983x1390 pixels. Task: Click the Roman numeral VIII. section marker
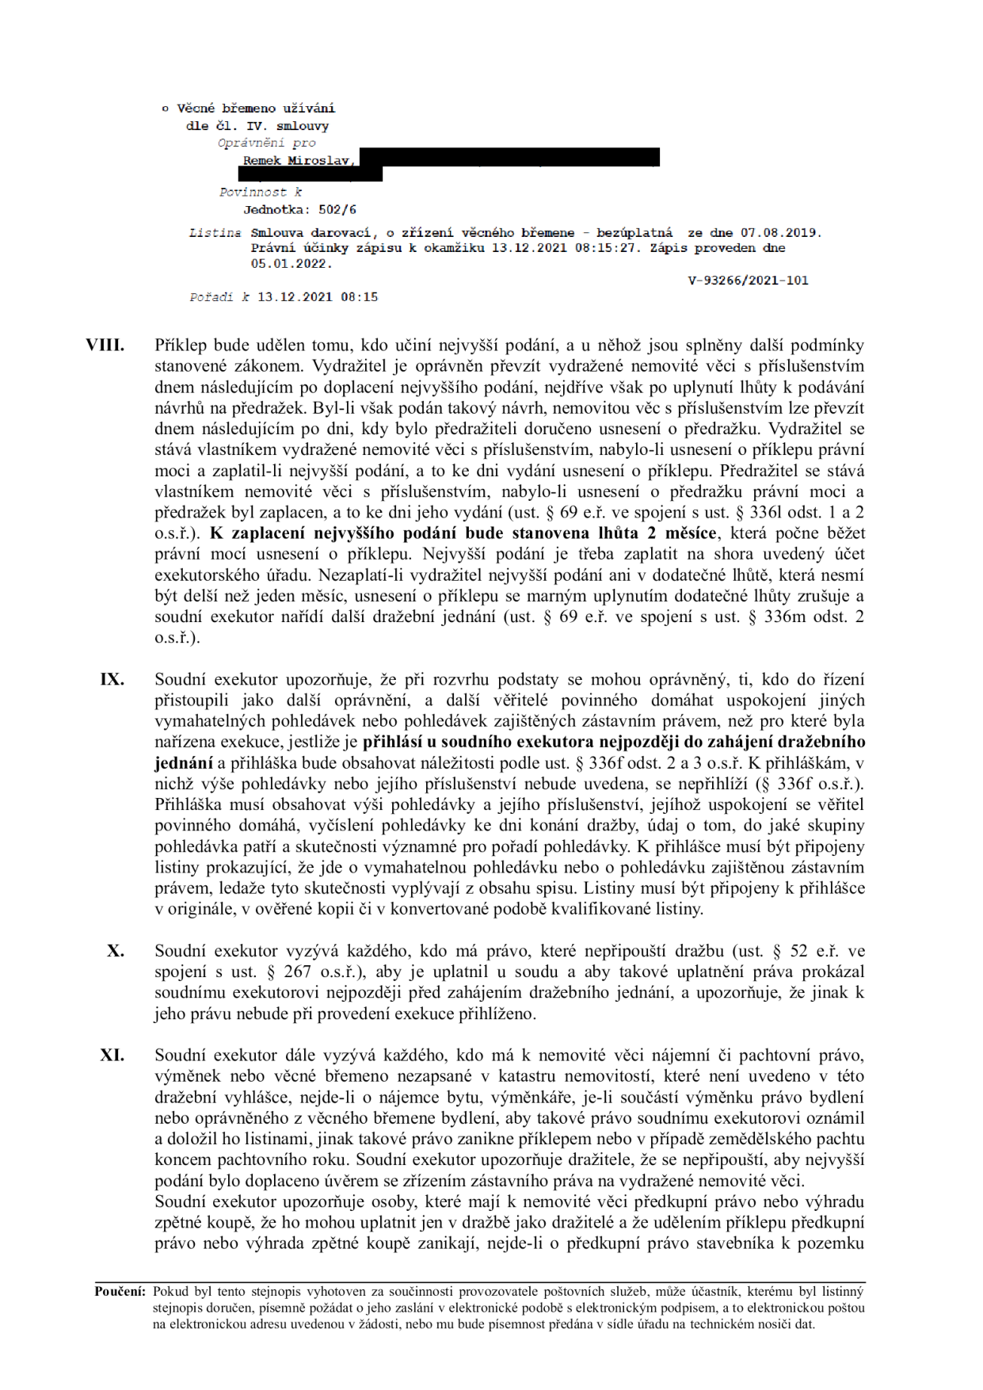pos(105,346)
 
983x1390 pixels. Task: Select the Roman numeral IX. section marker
pos(112,680)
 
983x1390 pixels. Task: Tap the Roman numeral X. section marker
pos(116,951)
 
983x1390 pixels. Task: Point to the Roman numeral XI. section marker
pos(112,1056)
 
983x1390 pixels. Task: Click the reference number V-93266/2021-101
pos(748,281)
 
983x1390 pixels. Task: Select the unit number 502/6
pos(337,210)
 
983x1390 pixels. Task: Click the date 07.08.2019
pos(779,233)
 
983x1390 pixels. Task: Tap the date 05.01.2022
pos(291,264)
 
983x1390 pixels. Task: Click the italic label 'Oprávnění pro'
pos(266,143)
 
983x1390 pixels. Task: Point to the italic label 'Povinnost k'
pos(261,193)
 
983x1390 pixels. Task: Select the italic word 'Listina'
pos(215,233)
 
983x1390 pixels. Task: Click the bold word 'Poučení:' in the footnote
pos(120,1292)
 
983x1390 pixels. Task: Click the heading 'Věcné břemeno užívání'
pos(255,109)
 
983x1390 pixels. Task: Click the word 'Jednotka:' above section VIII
pos(277,210)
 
